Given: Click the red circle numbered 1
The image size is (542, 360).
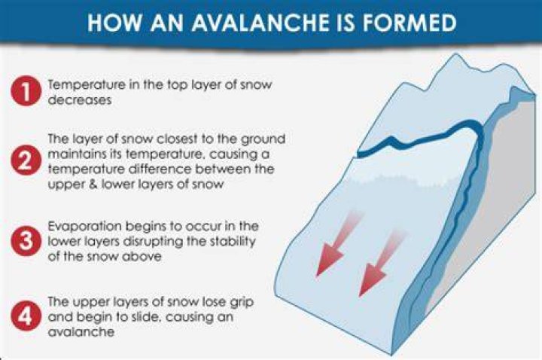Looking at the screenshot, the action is (26, 90).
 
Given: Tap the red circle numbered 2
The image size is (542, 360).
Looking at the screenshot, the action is (26, 160).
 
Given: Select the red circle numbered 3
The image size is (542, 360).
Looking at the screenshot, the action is (26, 241).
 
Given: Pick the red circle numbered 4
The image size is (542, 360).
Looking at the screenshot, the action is (26, 316).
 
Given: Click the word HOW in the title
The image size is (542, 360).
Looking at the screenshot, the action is (114, 23).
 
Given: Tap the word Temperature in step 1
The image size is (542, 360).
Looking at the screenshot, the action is (87, 85).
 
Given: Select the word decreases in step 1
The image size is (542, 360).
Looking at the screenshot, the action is (80, 100).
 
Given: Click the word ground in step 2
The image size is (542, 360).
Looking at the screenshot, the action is (263, 139).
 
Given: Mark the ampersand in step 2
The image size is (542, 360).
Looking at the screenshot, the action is (93, 184).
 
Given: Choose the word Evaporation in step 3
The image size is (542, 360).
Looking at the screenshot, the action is (84, 227).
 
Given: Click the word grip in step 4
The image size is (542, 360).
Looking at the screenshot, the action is (242, 303).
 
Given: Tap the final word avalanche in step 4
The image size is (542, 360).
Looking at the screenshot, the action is (81, 332).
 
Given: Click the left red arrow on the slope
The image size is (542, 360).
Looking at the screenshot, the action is (336, 244).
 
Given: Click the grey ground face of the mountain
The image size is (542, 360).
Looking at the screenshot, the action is (491, 208).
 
